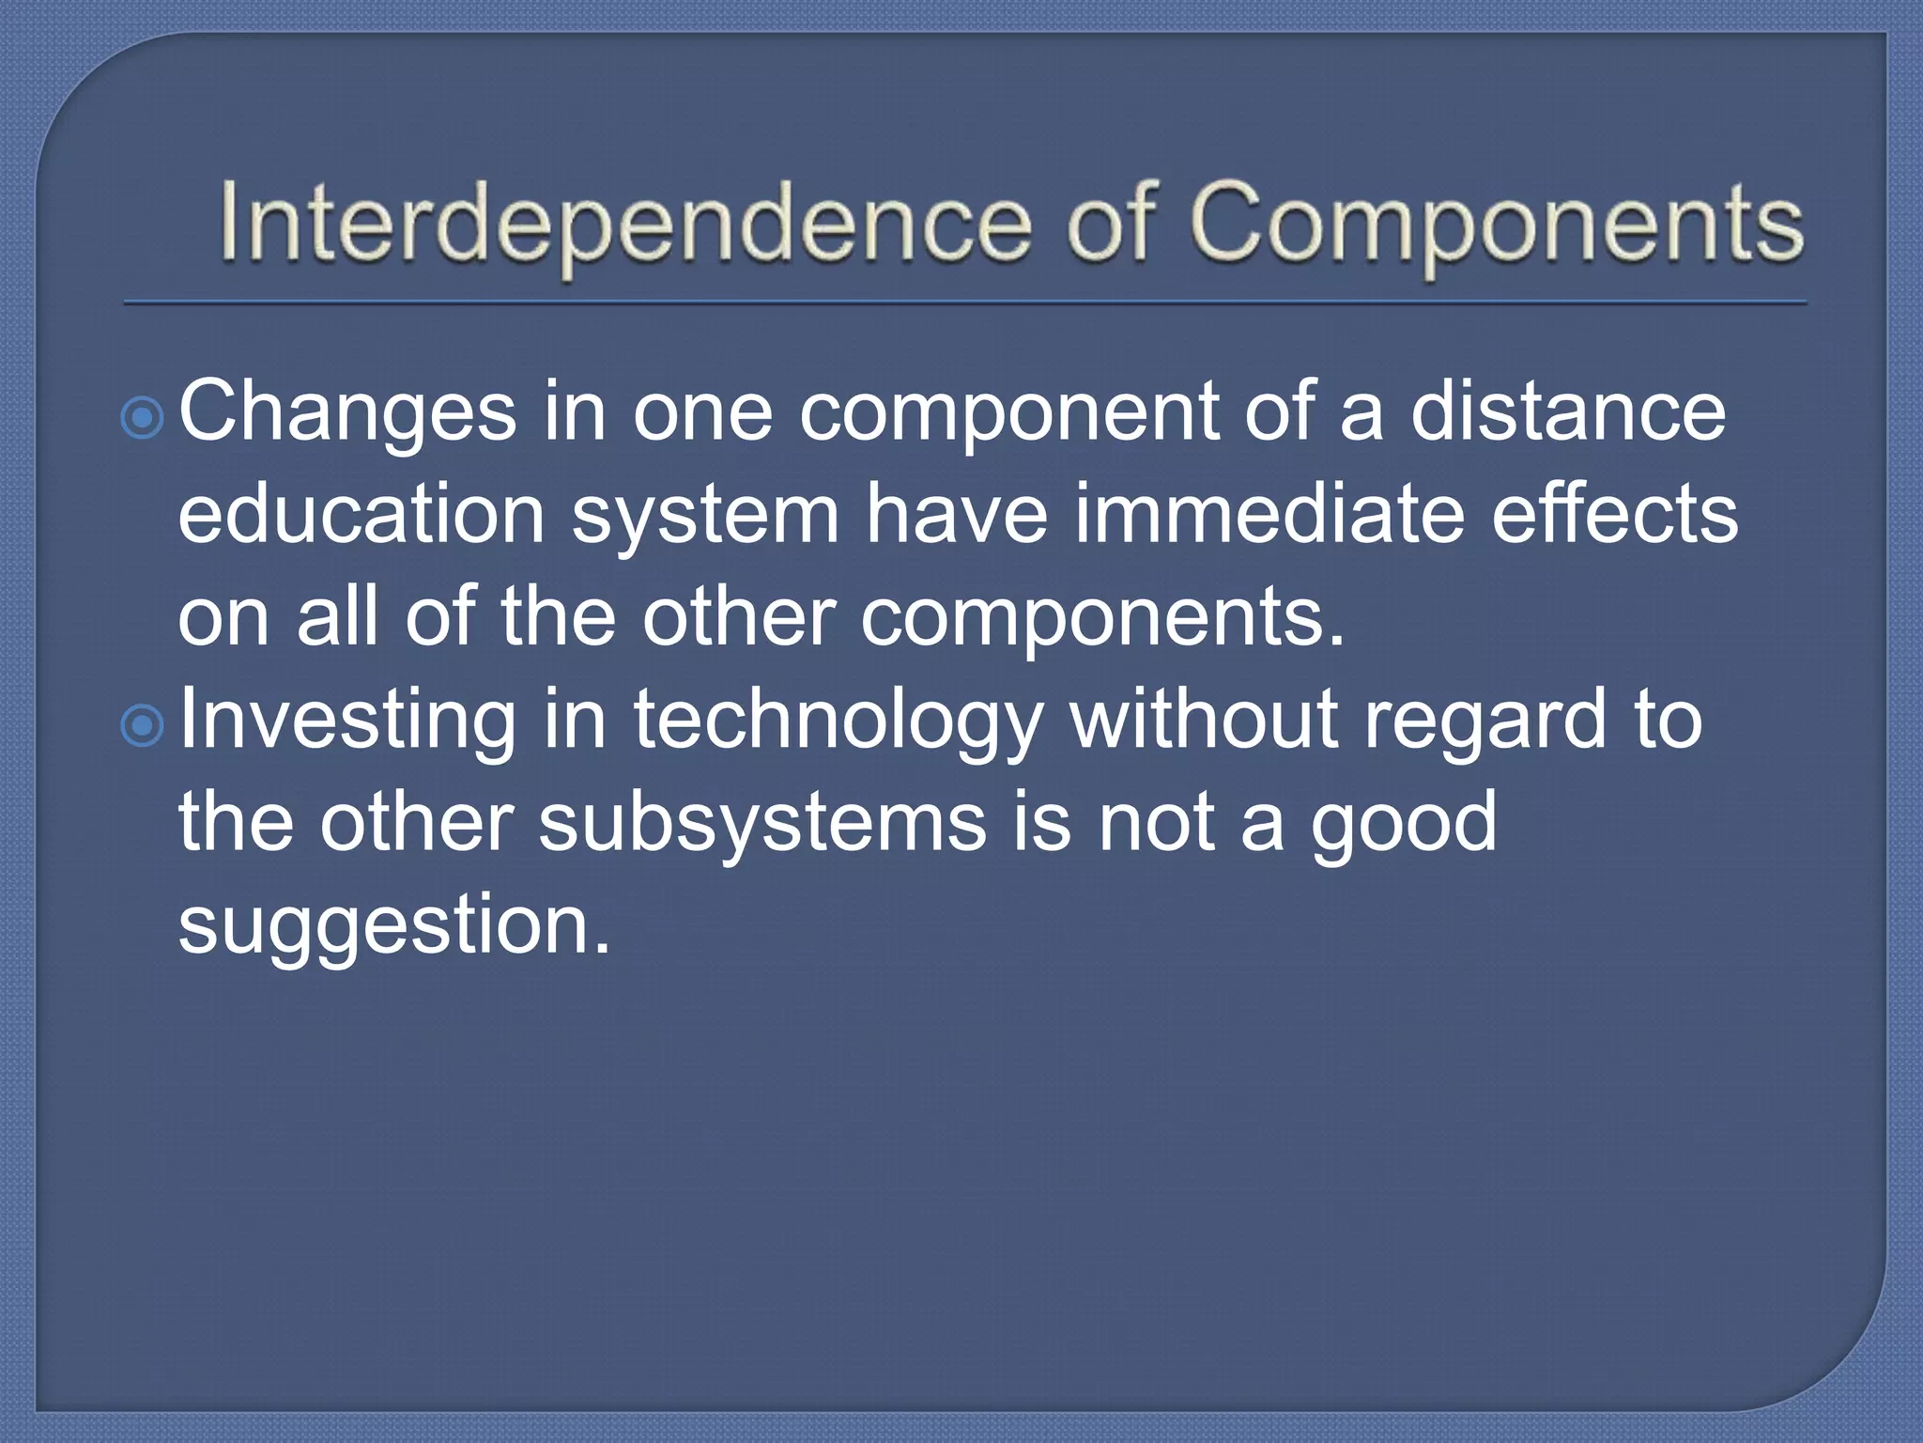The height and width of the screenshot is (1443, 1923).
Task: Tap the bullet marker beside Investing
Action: point(143,724)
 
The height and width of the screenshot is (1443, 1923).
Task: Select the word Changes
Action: point(347,413)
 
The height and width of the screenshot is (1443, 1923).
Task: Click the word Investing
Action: point(347,721)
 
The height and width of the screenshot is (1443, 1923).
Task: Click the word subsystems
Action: point(762,822)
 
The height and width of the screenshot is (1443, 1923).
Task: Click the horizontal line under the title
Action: point(965,303)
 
